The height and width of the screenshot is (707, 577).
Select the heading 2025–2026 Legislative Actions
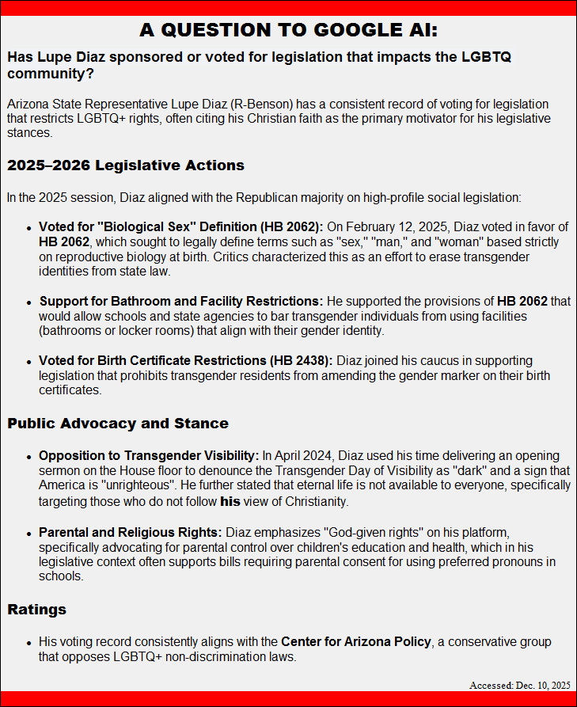[126, 165]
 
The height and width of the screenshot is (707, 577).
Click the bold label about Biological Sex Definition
[182, 227]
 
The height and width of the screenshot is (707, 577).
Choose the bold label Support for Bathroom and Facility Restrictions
[181, 301]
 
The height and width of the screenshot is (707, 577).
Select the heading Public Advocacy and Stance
[118, 423]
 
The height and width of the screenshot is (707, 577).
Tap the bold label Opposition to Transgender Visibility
[149, 455]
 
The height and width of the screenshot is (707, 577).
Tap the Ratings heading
[37, 610]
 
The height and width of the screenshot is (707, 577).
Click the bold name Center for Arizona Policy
[356, 641]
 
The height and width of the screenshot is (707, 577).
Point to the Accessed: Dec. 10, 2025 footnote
[519, 685]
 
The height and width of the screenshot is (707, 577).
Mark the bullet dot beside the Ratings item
[30, 642]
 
